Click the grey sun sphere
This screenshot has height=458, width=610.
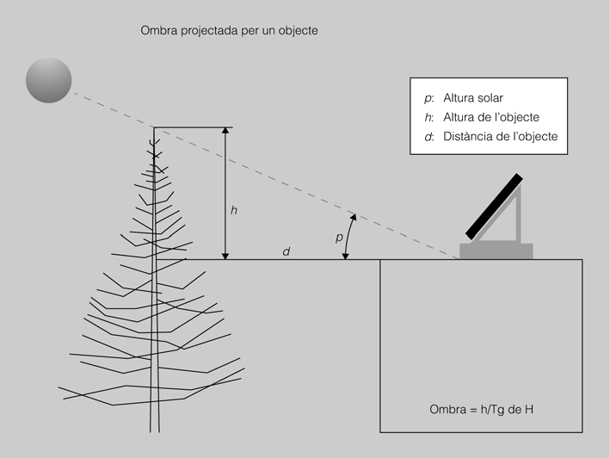point(49,80)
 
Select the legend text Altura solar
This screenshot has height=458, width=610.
point(473,97)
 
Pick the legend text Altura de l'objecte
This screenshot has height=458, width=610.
point(491,117)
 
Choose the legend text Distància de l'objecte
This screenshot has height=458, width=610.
point(500,136)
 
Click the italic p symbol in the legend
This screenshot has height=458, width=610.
point(428,98)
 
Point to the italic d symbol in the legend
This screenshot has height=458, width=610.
point(428,137)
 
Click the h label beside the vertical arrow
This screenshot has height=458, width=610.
point(234,210)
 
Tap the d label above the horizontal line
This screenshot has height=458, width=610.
point(287,251)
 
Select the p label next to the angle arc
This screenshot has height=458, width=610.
point(339,237)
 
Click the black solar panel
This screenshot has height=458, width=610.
point(494,207)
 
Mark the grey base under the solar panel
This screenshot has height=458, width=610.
point(496,251)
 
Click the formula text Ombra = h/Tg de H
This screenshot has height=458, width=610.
point(481,410)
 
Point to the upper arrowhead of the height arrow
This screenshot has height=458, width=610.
point(225,131)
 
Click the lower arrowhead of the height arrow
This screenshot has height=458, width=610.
point(225,256)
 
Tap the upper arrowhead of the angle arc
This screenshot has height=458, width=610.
point(354,217)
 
